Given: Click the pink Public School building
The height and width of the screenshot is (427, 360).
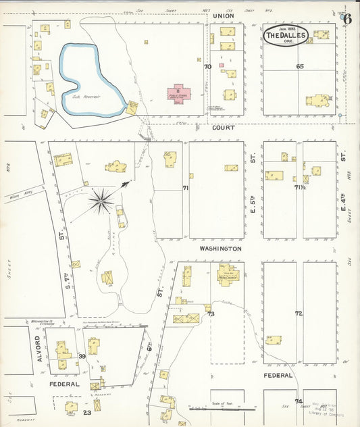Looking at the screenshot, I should click(x=179, y=94).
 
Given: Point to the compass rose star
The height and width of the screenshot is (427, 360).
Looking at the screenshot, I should click(x=101, y=199).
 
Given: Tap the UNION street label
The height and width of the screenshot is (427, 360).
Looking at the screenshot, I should click(x=222, y=16).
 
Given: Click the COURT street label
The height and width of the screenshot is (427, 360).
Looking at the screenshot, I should click(x=222, y=128).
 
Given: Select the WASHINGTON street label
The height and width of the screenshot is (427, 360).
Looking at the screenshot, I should click(x=220, y=249).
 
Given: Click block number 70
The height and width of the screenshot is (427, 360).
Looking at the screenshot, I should click(x=207, y=66).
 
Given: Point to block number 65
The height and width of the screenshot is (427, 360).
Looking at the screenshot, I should click(x=300, y=66).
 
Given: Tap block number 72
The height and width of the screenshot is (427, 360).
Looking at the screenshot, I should click(x=299, y=313).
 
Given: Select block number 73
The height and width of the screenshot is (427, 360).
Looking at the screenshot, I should click(x=211, y=314).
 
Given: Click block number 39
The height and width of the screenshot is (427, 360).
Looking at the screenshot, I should click(x=82, y=356).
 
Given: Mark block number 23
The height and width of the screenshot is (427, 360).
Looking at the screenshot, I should click(x=86, y=411).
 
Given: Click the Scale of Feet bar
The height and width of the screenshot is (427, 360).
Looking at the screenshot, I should click(x=222, y=408).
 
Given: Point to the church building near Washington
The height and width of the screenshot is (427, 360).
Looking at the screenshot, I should click(x=227, y=275).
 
